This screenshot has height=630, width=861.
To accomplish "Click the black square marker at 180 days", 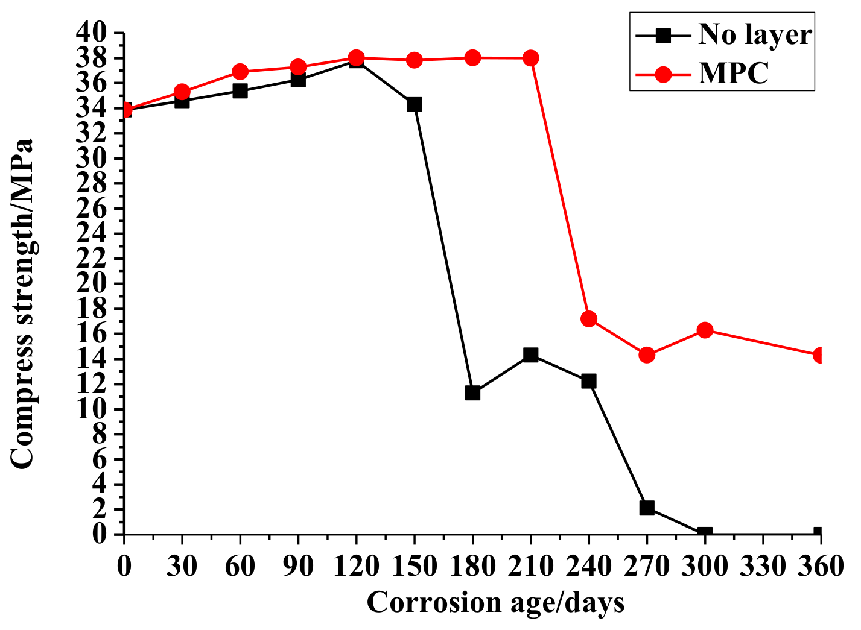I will (x=472, y=393).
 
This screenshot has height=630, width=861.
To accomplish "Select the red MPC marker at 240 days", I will (x=589, y=319).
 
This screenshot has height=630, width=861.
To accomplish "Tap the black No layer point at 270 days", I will (x=647, y=508).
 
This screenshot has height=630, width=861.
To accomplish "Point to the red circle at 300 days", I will (x=705, y=330).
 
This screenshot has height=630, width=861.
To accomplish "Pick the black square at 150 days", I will (x=414, y=105).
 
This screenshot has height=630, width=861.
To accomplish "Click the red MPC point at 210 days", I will (x=531, y=58).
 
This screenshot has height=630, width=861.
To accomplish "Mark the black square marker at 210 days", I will (x=531, y=354).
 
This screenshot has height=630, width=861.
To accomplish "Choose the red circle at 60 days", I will (x=240, y=72).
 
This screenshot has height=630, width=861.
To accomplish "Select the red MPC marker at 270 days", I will (x=647, y=355).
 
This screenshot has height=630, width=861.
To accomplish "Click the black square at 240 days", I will (x=589, y=381).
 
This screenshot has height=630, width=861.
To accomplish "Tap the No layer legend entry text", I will (x=755, y=34).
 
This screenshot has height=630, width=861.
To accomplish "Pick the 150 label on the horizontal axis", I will (x=414, y=566).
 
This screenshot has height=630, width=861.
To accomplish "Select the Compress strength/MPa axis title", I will (x=23, y=303).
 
